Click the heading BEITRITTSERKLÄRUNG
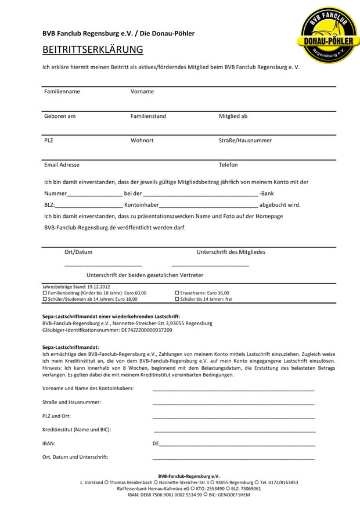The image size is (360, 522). pos(92,49)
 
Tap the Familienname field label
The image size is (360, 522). pos(62,92)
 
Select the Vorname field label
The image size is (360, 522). pos(142,92)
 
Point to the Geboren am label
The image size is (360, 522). pos(60,116)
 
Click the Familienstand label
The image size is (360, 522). pos(148,116)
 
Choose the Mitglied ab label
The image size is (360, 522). pos(233,116)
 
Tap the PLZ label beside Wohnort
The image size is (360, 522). pos(49,141)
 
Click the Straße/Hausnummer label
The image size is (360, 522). pos(245,141)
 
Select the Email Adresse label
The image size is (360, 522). pos(62,165)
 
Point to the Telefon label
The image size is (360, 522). pos(228,165)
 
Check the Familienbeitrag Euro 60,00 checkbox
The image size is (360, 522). pos(45,293)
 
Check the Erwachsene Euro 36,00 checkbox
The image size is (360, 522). pos(177,293)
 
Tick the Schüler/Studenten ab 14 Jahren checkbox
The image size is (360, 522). pos(45,299)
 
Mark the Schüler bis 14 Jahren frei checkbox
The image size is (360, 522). pos(177,299)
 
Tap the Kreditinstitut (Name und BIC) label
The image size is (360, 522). pos(77,430)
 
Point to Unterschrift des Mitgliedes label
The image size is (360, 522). pos(231,252)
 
